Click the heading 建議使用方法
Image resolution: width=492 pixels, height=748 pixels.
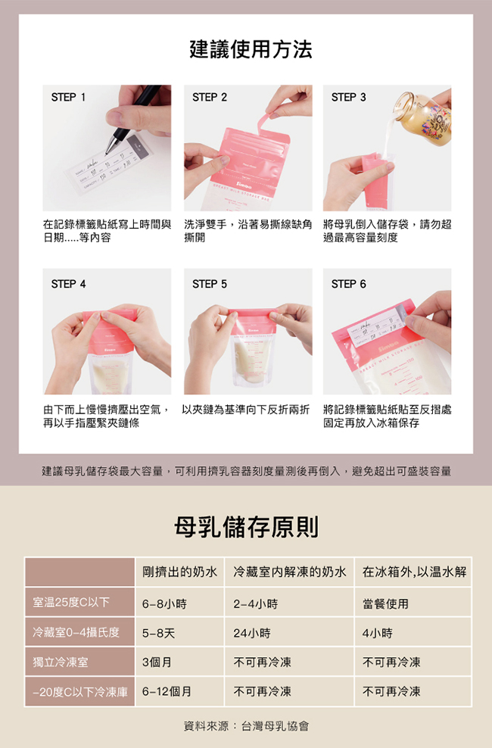(x=251, y=49)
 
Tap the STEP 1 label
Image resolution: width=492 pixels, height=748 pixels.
(x=68, y=98)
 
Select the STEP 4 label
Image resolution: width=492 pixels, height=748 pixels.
(x=68, y=285)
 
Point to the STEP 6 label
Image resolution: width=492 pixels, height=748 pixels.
(x=348, y=285)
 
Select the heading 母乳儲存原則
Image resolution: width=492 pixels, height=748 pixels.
(x=246, y=527)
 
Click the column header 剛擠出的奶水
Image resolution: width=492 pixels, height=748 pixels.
(x=179, y=572)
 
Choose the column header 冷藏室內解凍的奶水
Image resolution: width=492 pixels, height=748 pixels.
(x=290, y=572)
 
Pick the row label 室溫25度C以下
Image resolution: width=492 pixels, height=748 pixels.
(x=71, y=603)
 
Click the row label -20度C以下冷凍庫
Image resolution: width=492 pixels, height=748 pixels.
(x=80, y=692)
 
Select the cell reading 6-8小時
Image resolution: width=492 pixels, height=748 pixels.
(x=164, y=604)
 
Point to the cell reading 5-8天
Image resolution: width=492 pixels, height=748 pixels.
(x=158, y=634)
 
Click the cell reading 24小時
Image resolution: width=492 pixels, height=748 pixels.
(x=252, y=634)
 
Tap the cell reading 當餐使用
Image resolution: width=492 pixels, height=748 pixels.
(x=385, y=604)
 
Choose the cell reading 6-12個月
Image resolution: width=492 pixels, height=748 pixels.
(x=167, y=692)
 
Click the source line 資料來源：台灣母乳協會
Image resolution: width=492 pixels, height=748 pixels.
(x=246, y=726)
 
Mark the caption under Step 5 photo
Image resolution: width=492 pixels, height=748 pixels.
(x=245, y=410)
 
